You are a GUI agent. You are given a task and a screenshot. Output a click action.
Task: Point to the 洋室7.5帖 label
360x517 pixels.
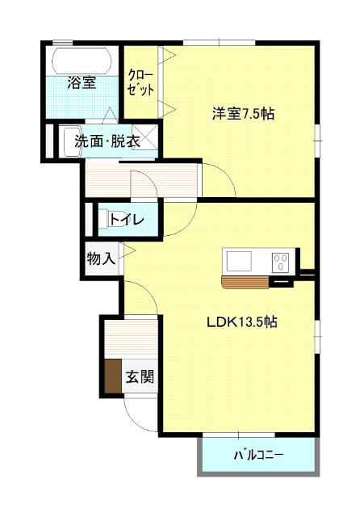[x=243, y=113]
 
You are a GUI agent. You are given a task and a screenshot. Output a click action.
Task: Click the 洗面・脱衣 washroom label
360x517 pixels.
[x=107, y=141]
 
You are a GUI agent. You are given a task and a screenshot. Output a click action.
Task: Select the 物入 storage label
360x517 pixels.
[x=101, y=259]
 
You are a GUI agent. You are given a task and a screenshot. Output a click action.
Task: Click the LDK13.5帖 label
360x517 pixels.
[x=242, y=322]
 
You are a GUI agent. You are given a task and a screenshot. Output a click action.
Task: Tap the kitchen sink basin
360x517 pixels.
[x=239, y=262]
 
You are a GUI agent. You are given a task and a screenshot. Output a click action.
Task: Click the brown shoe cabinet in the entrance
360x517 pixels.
[x=111, y=374]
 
